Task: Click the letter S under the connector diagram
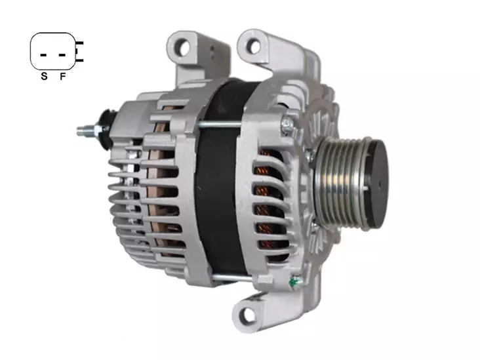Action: (44, 76)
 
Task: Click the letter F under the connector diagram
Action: (63, 76)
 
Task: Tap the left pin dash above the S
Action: (43, 55)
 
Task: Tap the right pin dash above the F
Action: (62, 55)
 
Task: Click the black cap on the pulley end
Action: (376, 184)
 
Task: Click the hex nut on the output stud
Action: (98, 130)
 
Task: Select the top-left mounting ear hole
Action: (184, 48)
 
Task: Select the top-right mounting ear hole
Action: (253, 46)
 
